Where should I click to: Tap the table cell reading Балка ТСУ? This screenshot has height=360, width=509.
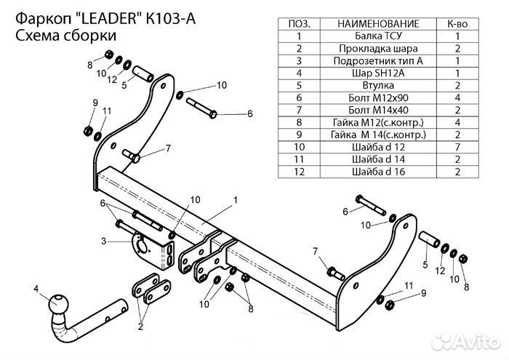(377, 36)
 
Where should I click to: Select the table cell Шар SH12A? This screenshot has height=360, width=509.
(377, 73)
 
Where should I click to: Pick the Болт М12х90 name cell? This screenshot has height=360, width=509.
(377, 97)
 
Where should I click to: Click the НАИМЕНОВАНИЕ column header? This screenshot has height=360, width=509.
(377, 23)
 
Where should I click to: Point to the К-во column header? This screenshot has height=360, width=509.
(457, 23)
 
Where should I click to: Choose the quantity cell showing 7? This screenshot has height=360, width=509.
(457, 147)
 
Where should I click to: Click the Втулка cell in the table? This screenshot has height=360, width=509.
(377, 85)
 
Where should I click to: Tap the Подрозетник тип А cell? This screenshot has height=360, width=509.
(377, 60)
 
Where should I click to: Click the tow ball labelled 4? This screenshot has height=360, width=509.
(59, 303)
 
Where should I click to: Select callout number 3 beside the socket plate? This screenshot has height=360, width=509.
(104, 241)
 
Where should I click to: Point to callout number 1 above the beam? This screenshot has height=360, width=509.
(236, 198)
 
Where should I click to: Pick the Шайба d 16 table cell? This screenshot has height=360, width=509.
(377, 172)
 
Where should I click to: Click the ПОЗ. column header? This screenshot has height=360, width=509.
(300, 23)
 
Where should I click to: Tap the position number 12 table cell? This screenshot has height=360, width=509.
(300, 172)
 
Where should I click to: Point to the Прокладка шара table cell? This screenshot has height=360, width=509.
(377, 48)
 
